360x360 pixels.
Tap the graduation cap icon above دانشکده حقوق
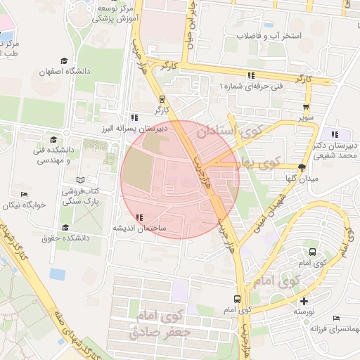coord(65,228)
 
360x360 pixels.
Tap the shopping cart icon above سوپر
coord(304,106)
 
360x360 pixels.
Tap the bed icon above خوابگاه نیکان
coord(25,194)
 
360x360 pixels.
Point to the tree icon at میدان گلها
coord(302,167)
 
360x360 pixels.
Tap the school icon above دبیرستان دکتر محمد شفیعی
coord(335,134)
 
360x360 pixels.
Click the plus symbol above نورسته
coord(304,301)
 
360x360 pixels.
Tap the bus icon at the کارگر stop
coord(162,99)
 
